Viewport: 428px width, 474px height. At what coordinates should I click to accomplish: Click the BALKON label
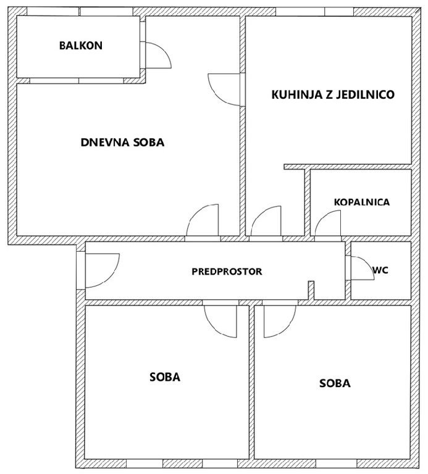(x=81, y=45)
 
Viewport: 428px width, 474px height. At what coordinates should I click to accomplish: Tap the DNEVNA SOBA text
(x=122, y=142)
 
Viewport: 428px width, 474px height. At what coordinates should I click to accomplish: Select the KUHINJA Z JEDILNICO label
(x=333, y=94)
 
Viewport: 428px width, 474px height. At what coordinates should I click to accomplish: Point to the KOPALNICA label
(x=362, y=202)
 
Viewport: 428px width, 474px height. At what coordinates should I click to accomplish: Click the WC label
(x=380, y=270)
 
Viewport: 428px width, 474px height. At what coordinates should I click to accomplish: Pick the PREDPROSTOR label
(x=227, y=272)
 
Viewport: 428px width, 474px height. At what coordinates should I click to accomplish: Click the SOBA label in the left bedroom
(x=165, y=377)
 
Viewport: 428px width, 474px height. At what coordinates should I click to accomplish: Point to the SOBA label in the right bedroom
(x=335, y=383)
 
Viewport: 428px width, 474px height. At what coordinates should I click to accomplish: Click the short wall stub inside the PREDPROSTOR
(x=311, y=291)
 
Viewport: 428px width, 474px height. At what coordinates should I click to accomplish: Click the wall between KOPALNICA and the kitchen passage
(x=308, y=202)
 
